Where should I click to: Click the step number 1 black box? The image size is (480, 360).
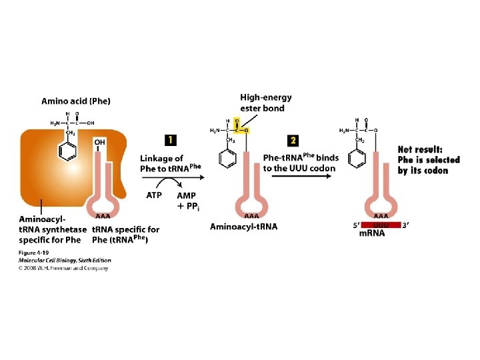coord(170,140)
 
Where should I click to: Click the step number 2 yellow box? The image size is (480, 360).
coord(293,140)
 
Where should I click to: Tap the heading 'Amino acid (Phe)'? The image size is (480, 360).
coord(76,101)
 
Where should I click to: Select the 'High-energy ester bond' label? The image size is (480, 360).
coord(265,103)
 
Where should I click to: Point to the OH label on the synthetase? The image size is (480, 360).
coord(100,143)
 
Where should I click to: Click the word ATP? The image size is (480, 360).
coord(154,195)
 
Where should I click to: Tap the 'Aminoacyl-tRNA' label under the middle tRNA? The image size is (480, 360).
coord(243,227)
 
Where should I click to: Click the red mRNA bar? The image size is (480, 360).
coord(381,225)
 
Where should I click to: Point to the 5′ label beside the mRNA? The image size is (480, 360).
coord(356,225)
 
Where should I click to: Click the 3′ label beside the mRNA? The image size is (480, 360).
coord(405,225)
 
